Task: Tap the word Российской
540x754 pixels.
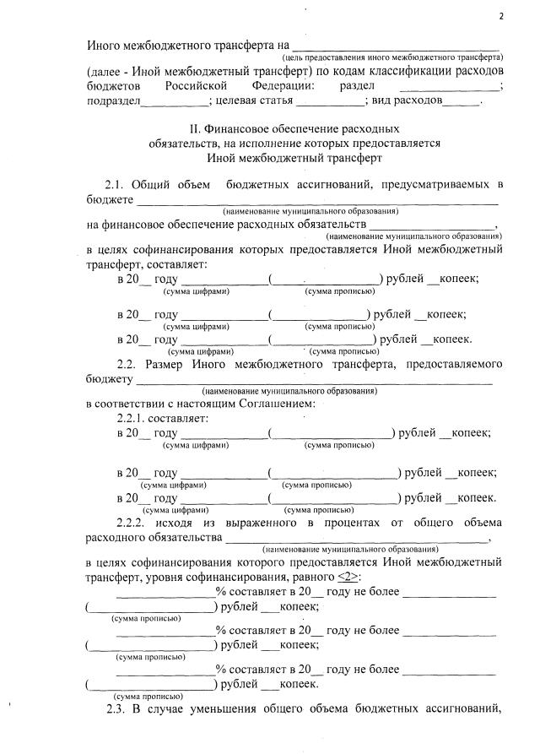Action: (x=196, y=86)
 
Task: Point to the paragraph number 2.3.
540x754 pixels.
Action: (x=116, y=707)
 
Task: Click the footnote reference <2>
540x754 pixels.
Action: (x=348, y=576)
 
